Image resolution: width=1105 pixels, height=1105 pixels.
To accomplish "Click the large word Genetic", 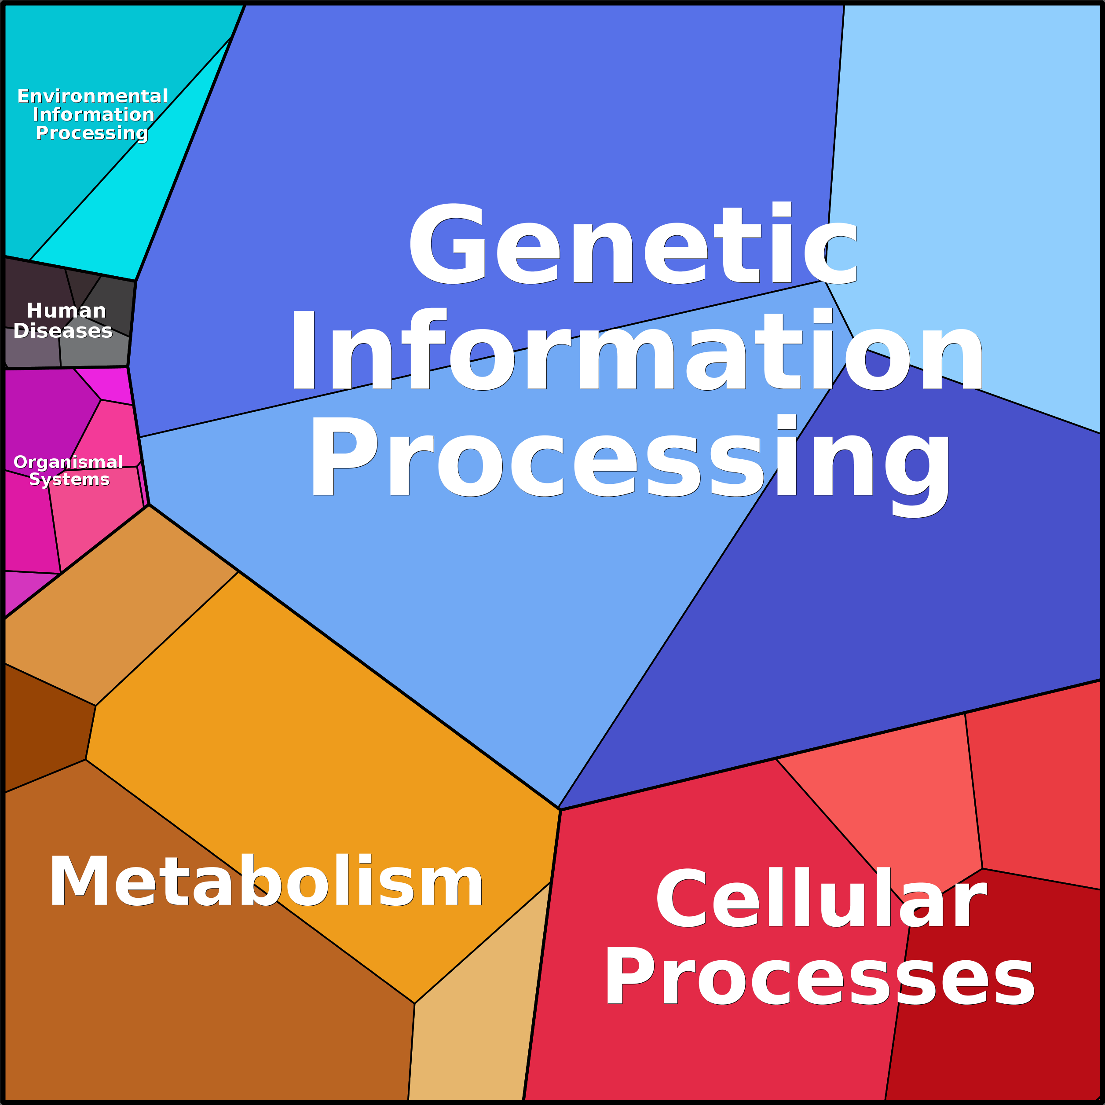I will [632, 245].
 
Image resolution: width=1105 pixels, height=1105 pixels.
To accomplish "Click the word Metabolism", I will [266, 882].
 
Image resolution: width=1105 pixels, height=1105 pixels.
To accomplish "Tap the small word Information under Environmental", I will [93, 114].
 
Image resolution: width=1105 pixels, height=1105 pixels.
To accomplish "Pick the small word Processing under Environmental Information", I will [92, 133].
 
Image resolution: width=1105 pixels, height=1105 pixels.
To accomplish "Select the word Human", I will [66, 311].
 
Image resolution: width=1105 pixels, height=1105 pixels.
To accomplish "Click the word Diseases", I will [63, 331].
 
